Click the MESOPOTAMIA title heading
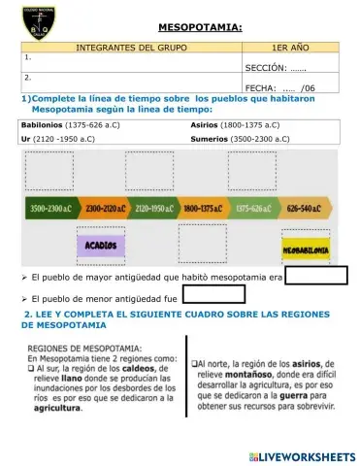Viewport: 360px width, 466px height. [x=200, y=30]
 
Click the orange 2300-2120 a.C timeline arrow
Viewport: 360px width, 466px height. [x=102, y=208]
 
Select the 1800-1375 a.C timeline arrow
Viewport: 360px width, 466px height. [x=203, y=208]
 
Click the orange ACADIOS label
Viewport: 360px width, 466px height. [x=101, y=246]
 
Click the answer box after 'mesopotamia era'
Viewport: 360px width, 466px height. [x=318, y=276]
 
